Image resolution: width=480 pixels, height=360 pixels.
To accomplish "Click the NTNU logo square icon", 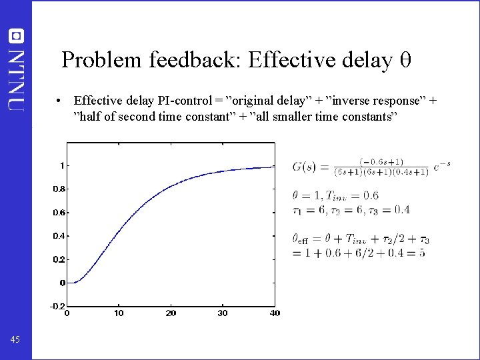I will (16, 36).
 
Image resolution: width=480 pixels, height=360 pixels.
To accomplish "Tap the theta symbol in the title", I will (405, 61).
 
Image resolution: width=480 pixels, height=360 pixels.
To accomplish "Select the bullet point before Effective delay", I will (60, 101).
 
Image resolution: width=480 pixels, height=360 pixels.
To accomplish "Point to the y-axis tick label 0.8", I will (59, 189).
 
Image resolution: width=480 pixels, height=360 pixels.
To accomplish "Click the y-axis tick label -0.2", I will (59, 306).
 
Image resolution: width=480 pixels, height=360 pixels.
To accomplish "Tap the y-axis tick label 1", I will (62, 165).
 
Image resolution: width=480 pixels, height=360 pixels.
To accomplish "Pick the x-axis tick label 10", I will (119, 313).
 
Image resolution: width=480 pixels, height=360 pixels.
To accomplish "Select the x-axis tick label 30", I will (223, 313).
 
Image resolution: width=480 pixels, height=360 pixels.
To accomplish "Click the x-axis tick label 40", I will (274, 313).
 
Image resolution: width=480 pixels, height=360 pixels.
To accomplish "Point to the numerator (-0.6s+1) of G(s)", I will (381, 161).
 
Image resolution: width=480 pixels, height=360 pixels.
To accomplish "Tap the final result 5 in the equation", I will (422, 253).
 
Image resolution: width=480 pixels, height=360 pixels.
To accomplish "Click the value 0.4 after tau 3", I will (401, 209).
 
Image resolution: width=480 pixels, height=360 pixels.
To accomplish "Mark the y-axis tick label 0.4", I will (59, 236).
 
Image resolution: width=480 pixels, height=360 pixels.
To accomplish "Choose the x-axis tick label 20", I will (171, 313).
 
